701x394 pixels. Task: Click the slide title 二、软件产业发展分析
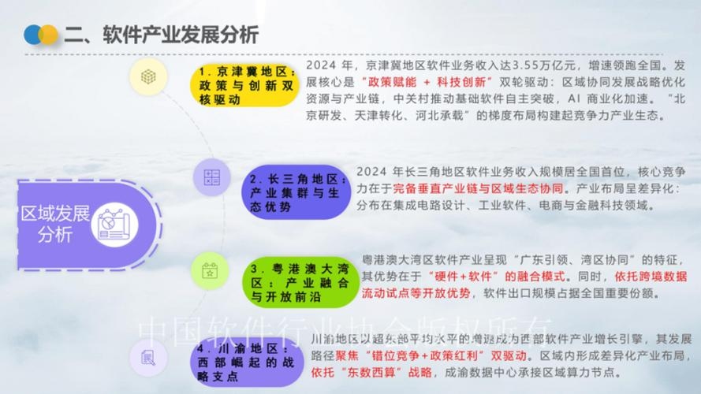161,34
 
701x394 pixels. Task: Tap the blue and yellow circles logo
41,35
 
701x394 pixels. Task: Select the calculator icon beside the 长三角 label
211,178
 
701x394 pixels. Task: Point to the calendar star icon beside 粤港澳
211,270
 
